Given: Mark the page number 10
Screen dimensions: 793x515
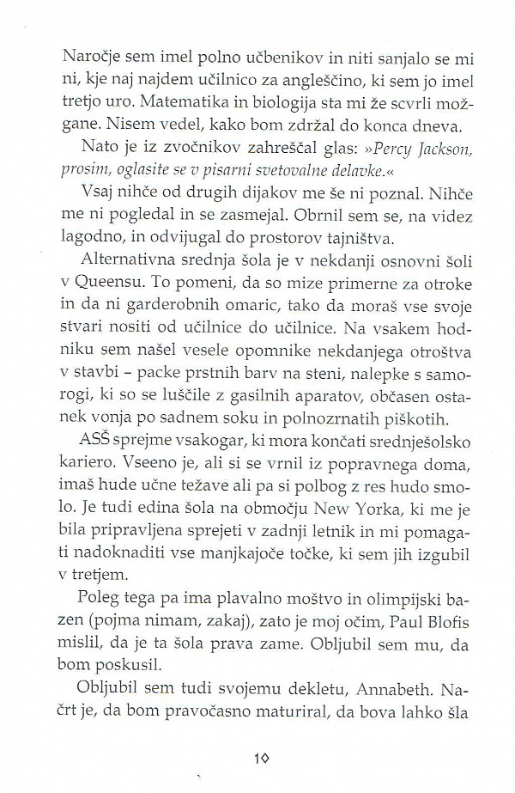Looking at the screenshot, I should coord(264,758).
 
